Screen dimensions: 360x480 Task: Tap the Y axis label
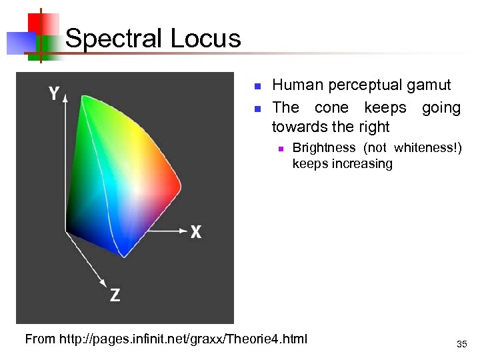coord(53,94)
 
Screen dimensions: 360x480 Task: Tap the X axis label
coord(196,232)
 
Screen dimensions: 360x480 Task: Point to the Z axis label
coord(115,295)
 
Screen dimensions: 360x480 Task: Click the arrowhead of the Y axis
coord(65,99)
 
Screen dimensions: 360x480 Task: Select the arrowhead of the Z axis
coord(104,280)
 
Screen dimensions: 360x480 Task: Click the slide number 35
coord(461,345)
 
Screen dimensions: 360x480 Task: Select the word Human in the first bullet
coord(297,85)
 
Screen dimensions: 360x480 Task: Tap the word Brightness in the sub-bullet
coord(324,147)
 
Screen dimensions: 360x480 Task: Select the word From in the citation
coord(40,339)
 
